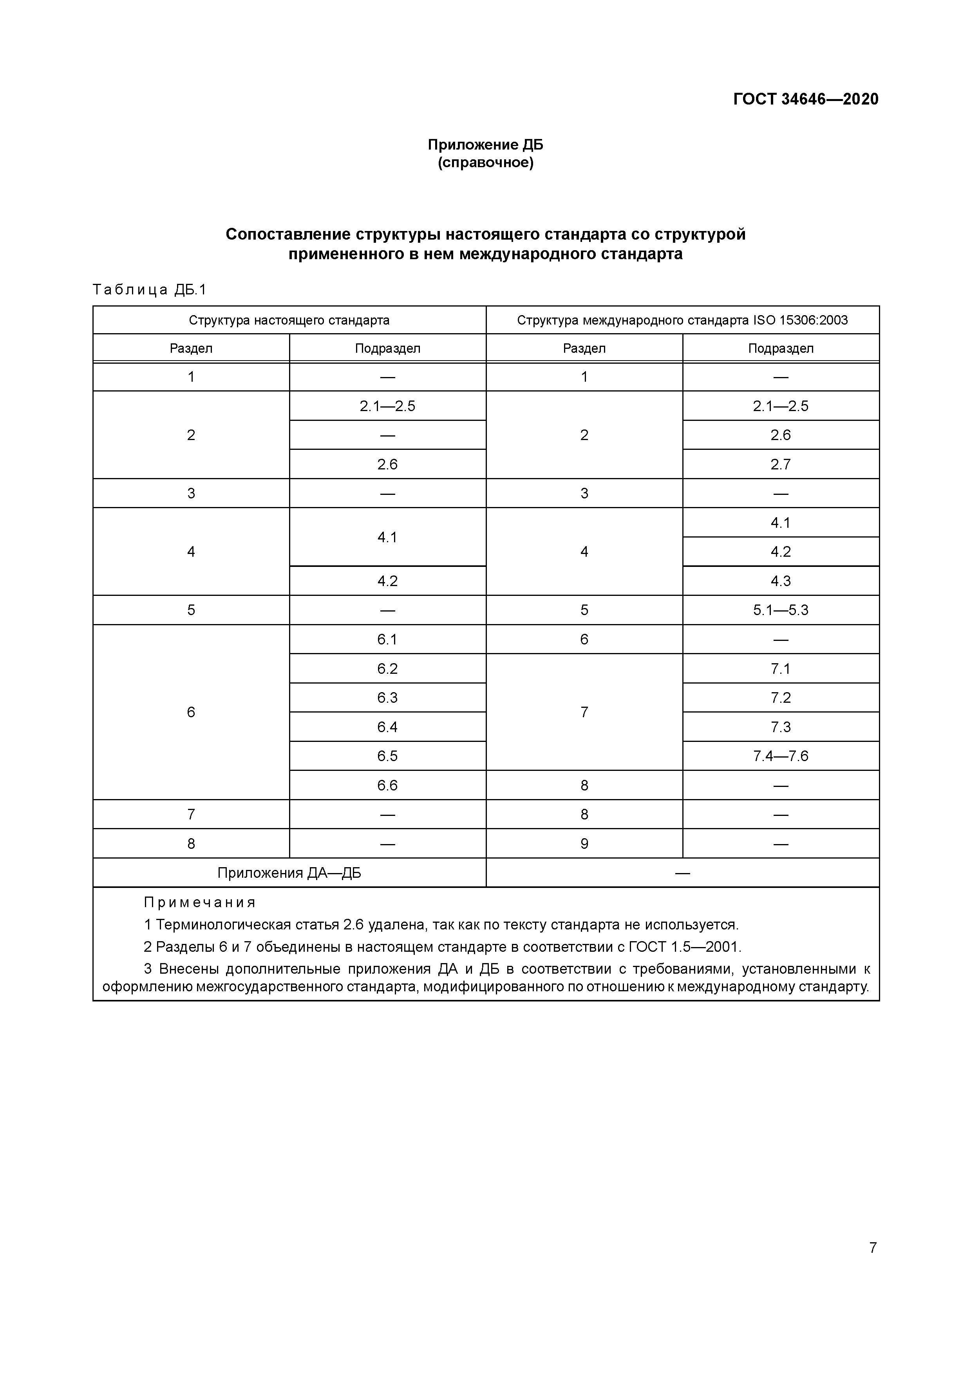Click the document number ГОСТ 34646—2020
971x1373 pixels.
click(805, 99)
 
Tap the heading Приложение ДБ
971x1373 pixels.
click(485, 145)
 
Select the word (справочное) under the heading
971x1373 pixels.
click(485, 162)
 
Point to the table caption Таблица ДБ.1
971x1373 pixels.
click(150, 290)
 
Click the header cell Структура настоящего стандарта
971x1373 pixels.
click(289, 320)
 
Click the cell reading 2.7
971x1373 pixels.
click(780, 464)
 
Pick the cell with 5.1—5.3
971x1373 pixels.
click(780, 610)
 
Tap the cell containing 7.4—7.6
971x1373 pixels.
click(780, 756)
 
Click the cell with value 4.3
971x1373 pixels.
click(780, 581)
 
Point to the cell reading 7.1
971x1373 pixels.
click(780, 669)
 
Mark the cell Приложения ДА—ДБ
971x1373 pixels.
click(289, 873)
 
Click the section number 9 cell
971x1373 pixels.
click(584, 844)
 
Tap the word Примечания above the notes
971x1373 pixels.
click(200, 902)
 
